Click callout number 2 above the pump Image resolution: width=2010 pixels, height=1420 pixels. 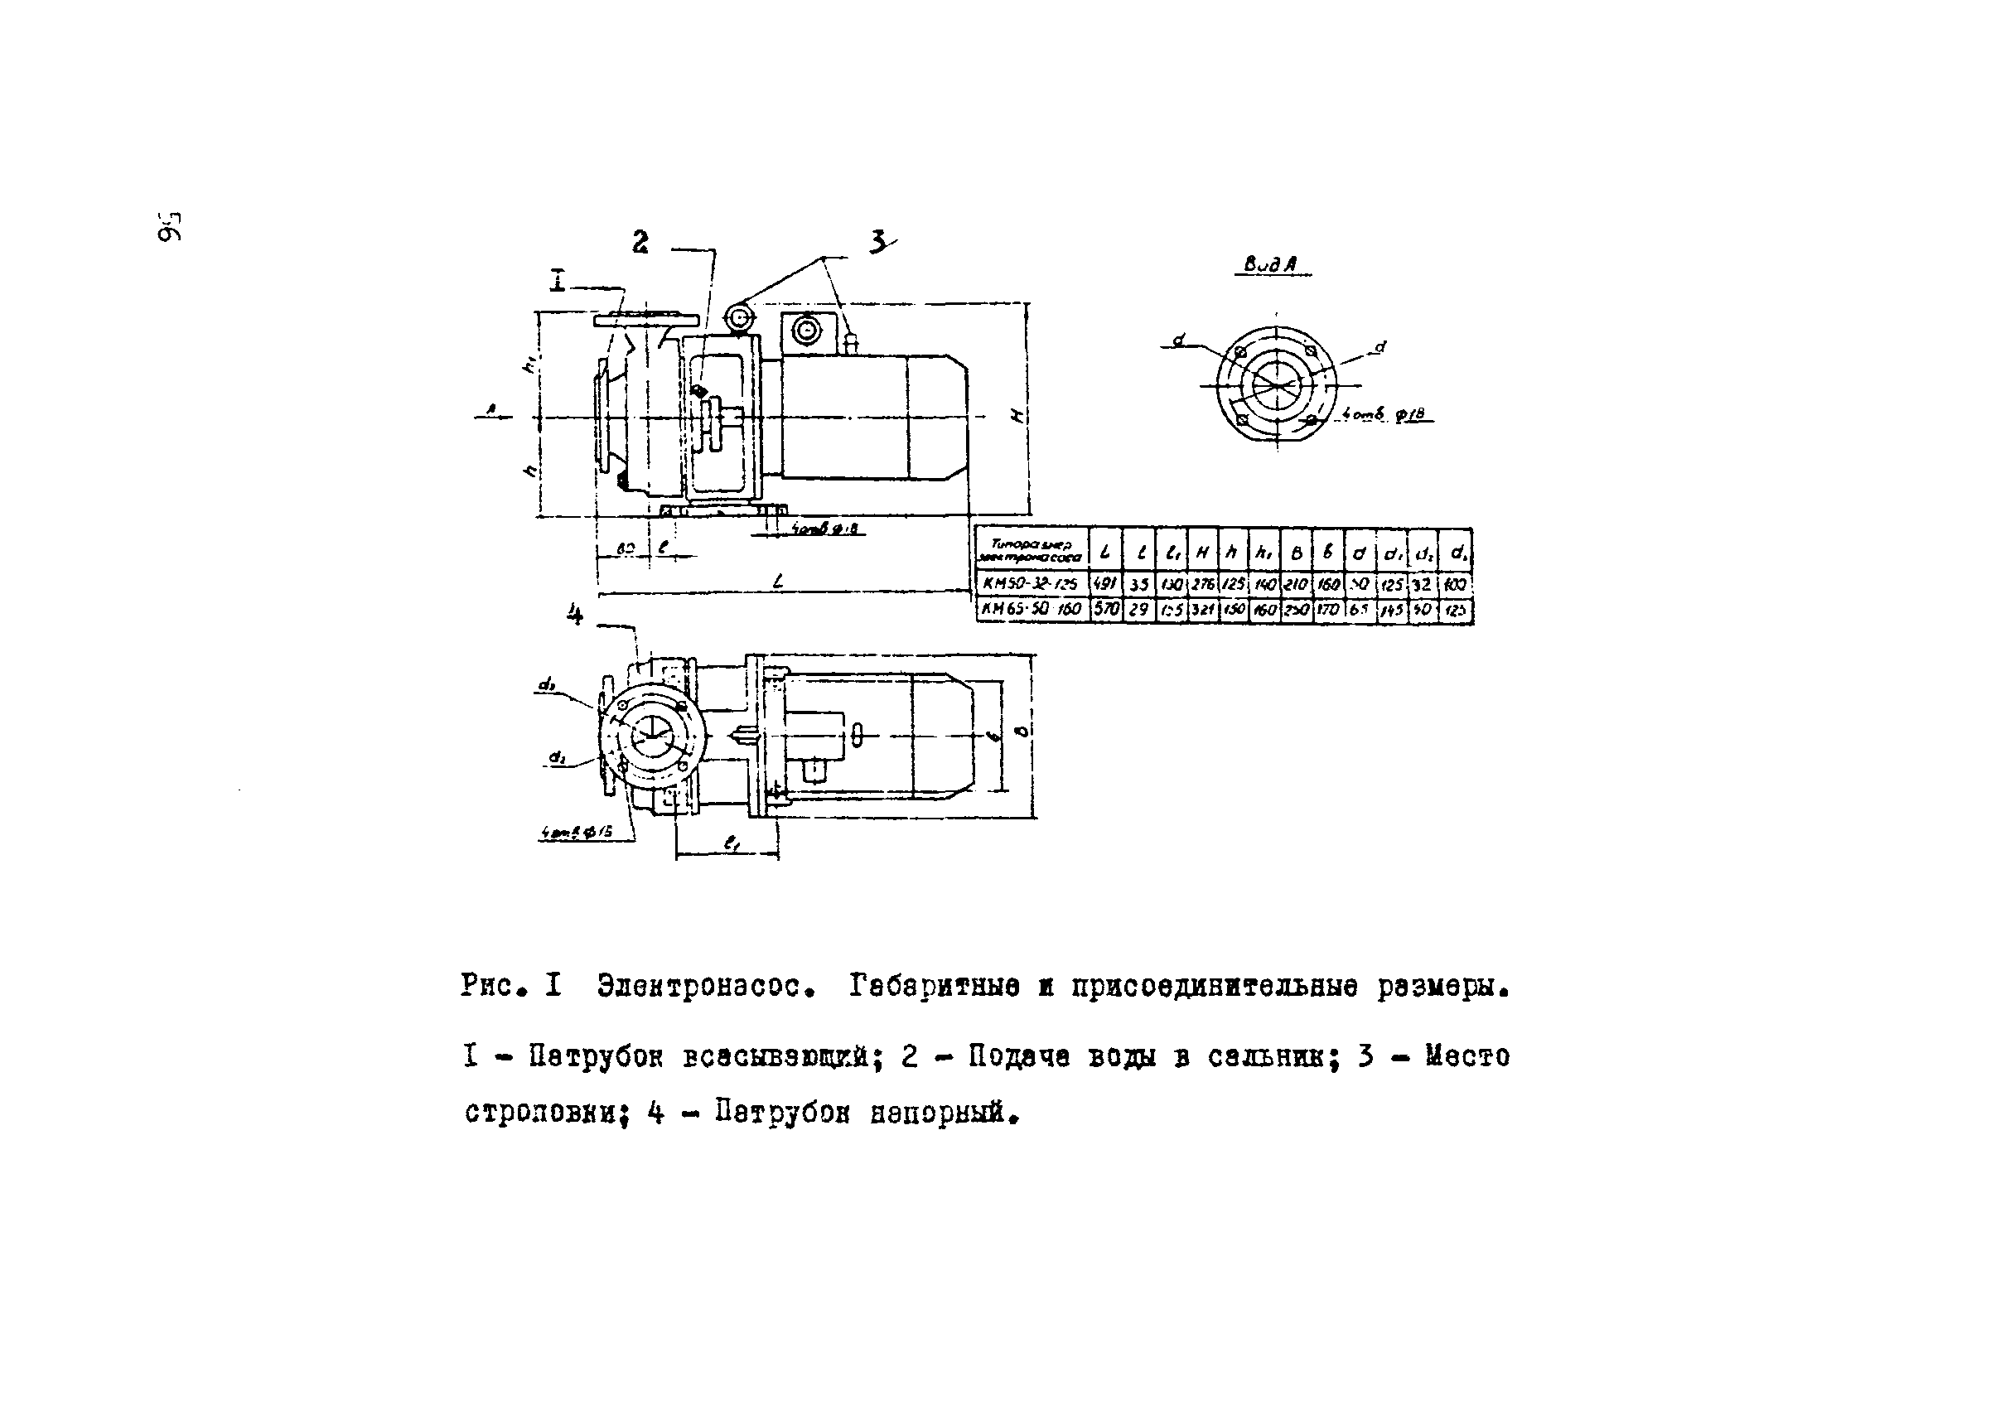click(x=640, y=242)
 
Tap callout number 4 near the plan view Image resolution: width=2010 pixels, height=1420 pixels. click(x=574, y=615)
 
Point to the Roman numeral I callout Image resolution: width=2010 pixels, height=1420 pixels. click(x=558, y=281)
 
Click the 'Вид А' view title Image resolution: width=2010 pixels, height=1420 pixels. click(x=1270, y=264)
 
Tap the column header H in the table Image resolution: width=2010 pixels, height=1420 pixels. click(x=1203, y=553)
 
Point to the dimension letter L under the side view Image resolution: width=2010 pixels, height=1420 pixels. click(x=777, y=581)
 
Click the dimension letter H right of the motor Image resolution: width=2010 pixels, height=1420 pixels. click(x=1017, y=416)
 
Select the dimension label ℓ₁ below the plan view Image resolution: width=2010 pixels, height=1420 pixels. click(x=729, y=843)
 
